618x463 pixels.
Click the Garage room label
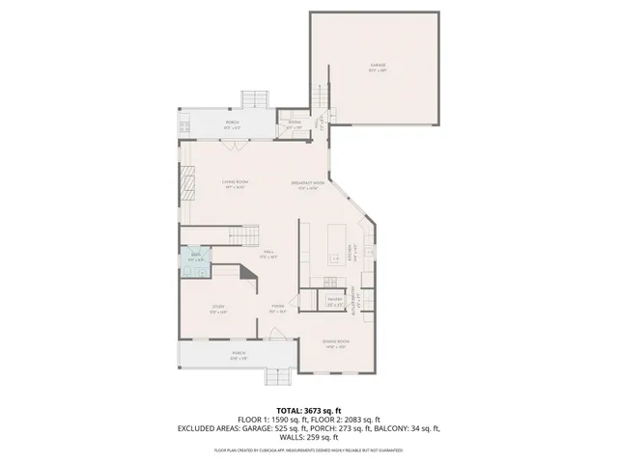[377, 67]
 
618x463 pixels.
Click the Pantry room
[334, 300]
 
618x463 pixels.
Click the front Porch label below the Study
[238, 354]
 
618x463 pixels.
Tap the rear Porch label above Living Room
[233, 123]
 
